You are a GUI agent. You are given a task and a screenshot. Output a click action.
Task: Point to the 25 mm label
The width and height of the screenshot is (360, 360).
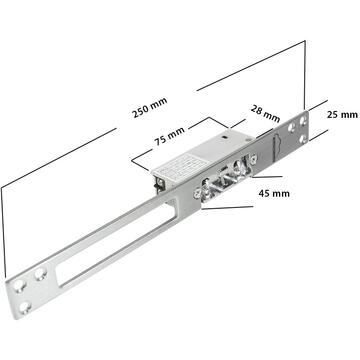coord(341,115)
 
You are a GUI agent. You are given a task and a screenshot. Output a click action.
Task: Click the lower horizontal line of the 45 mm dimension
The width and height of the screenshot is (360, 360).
coord(226,208)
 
